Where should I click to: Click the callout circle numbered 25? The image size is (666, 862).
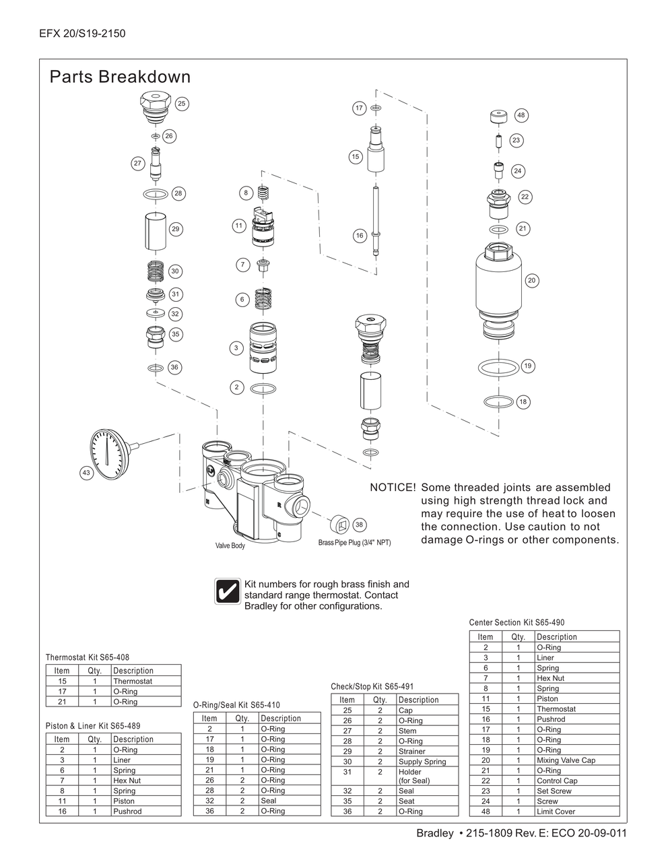182,104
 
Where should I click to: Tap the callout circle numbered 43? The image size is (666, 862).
86,473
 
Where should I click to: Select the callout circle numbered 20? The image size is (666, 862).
532,280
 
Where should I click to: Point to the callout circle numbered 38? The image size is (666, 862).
359,525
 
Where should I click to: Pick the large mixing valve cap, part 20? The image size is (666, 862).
498,283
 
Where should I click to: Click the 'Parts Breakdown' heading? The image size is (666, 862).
120,77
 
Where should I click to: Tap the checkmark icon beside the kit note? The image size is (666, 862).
227,591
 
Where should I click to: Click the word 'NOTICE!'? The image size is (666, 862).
393,488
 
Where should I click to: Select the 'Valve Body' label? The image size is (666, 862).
230,545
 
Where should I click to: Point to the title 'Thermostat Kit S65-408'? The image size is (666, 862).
88,657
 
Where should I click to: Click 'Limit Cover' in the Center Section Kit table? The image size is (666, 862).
556,811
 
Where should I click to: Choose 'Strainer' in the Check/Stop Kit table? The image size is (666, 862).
411,751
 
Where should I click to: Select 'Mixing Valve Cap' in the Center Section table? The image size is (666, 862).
566,760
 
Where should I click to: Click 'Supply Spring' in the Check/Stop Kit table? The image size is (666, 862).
422,762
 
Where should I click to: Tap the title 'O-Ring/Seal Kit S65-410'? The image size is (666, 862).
236,705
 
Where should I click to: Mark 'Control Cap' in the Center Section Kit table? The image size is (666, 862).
557,781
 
